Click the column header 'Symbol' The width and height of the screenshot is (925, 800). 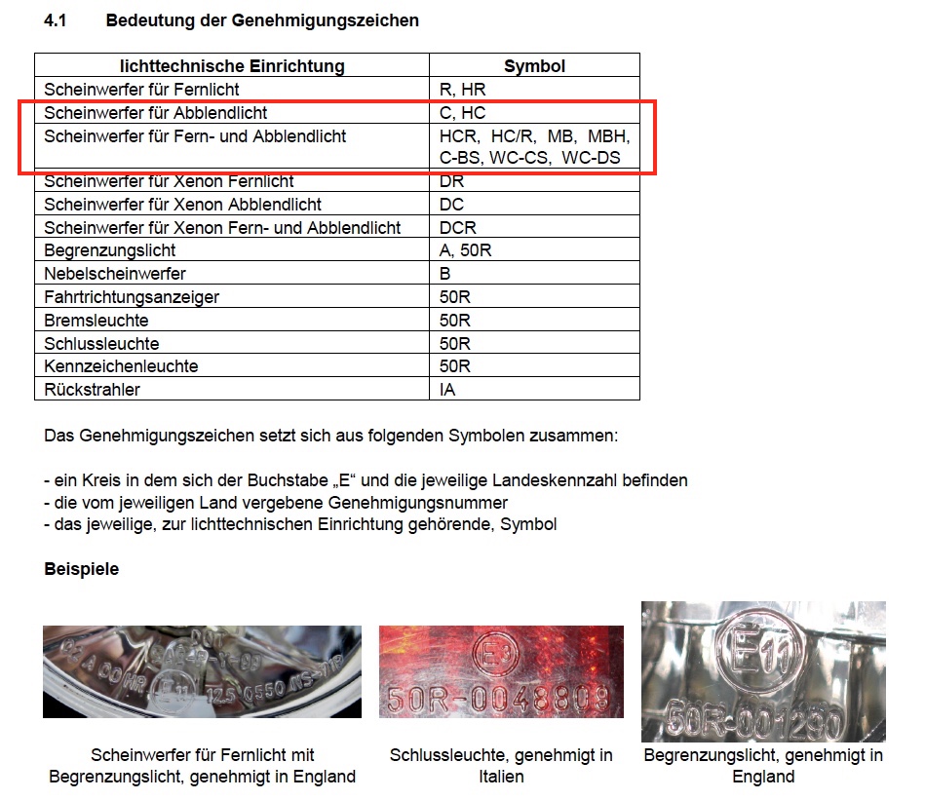534,66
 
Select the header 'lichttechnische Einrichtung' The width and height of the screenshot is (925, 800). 232,66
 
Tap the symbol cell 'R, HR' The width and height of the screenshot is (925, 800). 463,90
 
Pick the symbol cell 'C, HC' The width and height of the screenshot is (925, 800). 463,113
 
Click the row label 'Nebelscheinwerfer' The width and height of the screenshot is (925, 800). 115,274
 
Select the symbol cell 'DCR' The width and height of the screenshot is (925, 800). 458,228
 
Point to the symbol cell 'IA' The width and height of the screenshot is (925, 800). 448,390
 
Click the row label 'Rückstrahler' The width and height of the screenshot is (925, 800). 93,390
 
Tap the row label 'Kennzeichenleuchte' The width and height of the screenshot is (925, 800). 121,366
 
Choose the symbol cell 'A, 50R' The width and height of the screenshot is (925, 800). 466,250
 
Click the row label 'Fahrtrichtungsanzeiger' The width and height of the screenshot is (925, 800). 132,297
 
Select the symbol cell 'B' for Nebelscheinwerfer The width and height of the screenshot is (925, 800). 445,274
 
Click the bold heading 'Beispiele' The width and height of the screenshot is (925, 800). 82,569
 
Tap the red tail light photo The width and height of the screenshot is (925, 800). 501,671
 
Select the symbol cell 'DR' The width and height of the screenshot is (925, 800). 452,181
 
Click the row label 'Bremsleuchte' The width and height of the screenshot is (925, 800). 96,321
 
